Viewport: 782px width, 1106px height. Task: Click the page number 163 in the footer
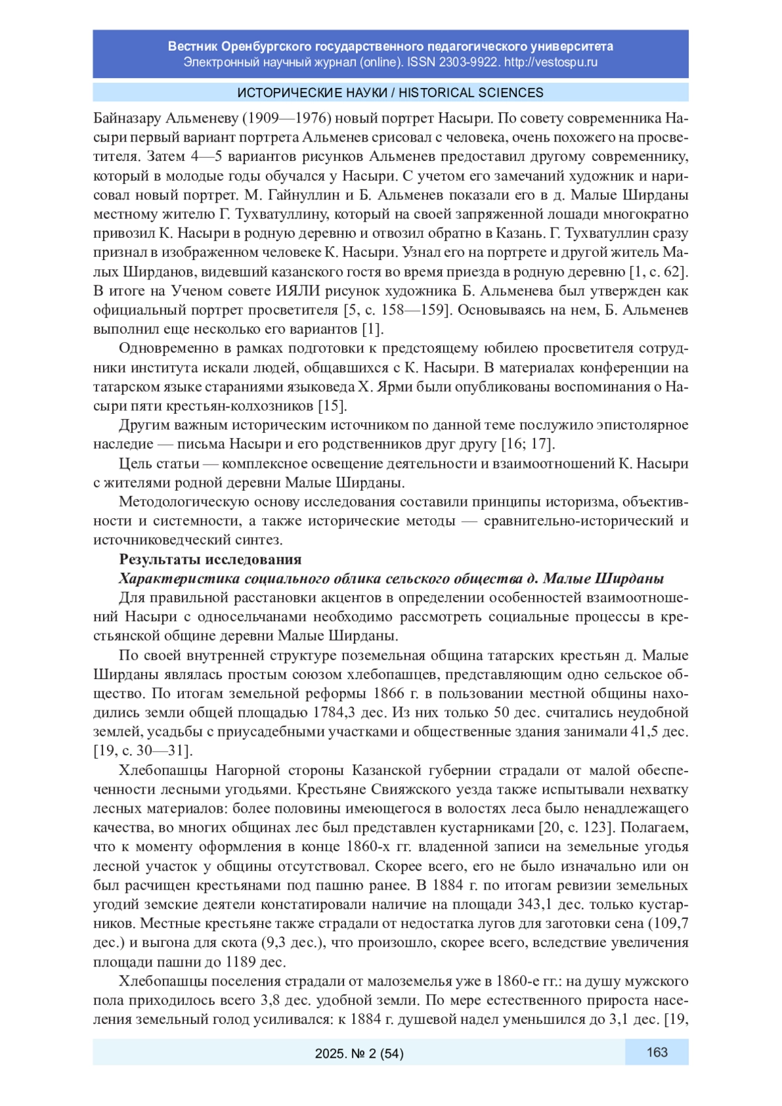[x=657, y=1052]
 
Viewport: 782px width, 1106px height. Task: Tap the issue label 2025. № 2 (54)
[x=359, y=1053]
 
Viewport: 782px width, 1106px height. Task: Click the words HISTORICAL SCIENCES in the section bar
[x=471, y=93]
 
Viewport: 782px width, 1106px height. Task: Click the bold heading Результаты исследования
[x=210, y=559]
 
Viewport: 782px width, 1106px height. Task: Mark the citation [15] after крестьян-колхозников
[x=332, y=406]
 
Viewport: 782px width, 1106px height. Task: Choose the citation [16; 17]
[x=527, y=444]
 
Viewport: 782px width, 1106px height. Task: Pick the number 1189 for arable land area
[x=246, y=962]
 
